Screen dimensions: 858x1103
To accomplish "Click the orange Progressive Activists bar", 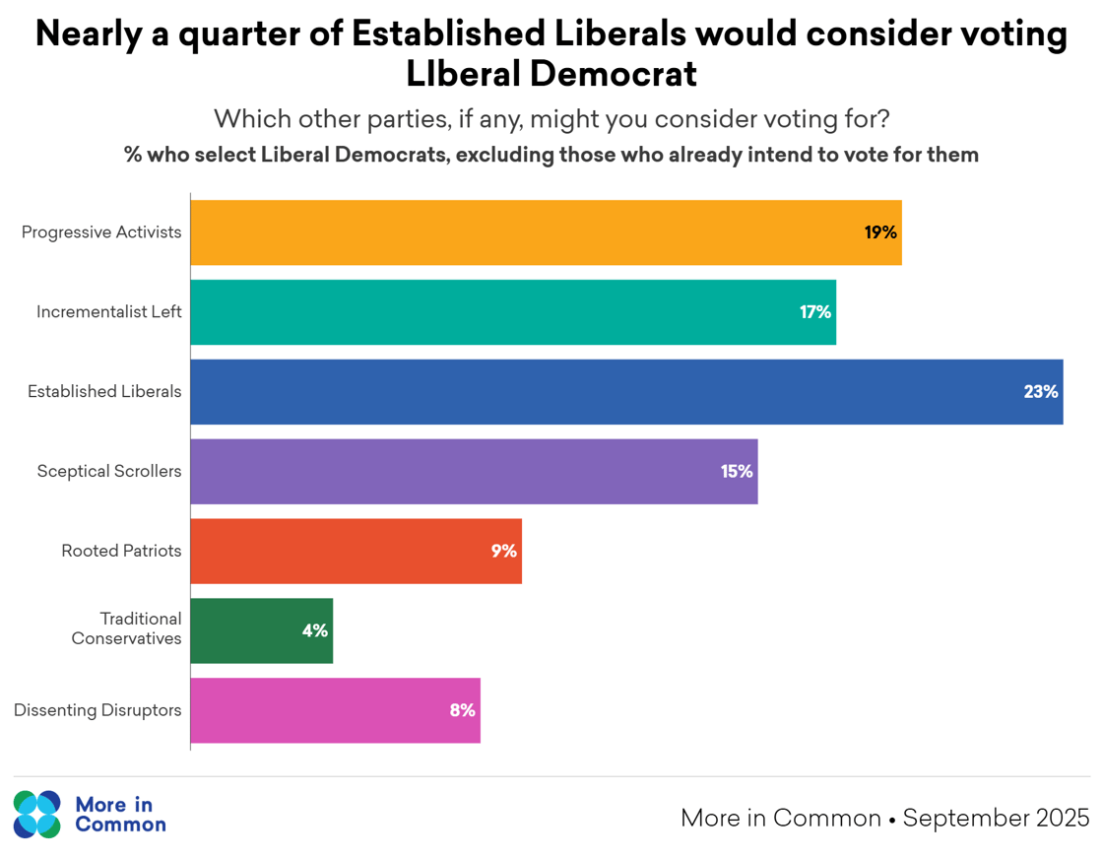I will coord(546,232).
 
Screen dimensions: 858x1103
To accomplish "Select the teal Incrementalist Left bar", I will coord(512,312).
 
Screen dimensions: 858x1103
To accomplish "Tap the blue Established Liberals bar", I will coord(626,392).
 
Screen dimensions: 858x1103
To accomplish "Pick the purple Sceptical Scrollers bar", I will coord(474,472).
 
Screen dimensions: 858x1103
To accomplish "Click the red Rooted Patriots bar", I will coord(356,551).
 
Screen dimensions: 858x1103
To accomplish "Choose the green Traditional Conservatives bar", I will coord(261,630).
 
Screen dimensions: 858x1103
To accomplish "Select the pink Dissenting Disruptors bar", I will coord(335,710).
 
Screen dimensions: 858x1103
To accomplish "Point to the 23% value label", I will coord(1040,392).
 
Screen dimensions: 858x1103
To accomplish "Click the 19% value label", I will coord(880,232).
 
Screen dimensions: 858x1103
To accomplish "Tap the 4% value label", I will coord(314,630).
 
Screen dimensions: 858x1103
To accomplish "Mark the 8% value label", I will coord(462,710).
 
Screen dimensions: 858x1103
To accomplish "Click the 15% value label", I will coord(736,472).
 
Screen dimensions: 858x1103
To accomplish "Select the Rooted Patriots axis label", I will coord(121,551).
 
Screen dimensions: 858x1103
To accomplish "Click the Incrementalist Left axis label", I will coord(109,312).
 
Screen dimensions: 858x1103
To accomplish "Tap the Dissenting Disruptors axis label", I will coord(97,710).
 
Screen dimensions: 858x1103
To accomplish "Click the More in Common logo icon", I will coord(37,814).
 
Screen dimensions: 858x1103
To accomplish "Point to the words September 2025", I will coord(996,818).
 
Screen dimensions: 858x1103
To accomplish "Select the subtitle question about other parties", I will coord(551,119).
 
